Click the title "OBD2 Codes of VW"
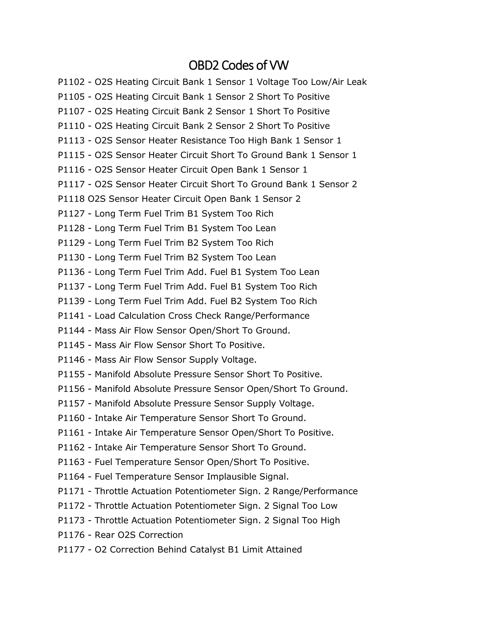[238, 65]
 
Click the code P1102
[71, 82]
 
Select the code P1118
[71, 199]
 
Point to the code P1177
[71, 549]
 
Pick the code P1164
[71, 477]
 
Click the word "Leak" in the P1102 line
[357, 82]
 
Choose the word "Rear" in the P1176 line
[105, 535]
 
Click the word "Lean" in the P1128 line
[266, 228]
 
